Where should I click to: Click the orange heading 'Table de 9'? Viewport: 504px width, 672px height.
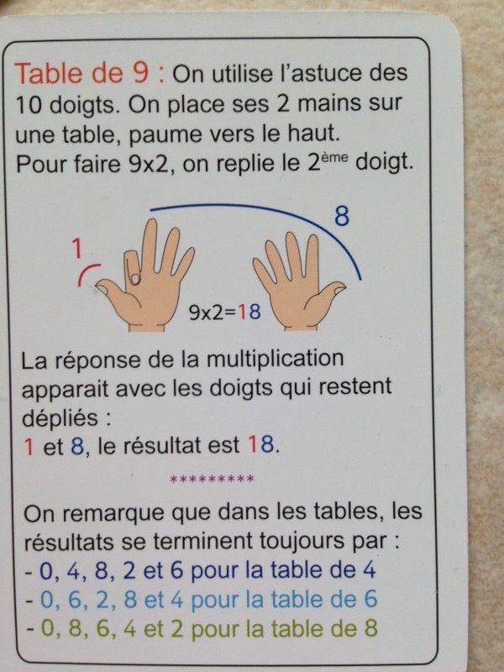click(81, 73)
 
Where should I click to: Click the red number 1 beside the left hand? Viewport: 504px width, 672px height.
click(76, 249)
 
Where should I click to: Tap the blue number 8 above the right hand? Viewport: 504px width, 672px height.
click(342, 216)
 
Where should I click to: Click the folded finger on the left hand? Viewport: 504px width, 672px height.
click(132, 268)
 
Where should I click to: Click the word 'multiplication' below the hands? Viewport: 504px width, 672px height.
click(275, 360)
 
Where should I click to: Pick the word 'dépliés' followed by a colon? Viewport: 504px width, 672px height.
click(60, 417)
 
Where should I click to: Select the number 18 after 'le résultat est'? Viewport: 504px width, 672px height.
click(260, 446)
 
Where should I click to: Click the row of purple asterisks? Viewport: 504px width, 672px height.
click(212, 479)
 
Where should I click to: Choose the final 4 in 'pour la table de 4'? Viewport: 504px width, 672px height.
click(369, 570)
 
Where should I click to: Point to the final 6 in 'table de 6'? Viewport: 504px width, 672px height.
click(370, 600)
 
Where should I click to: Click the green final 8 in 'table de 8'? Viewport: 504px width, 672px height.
click(370, 628)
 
